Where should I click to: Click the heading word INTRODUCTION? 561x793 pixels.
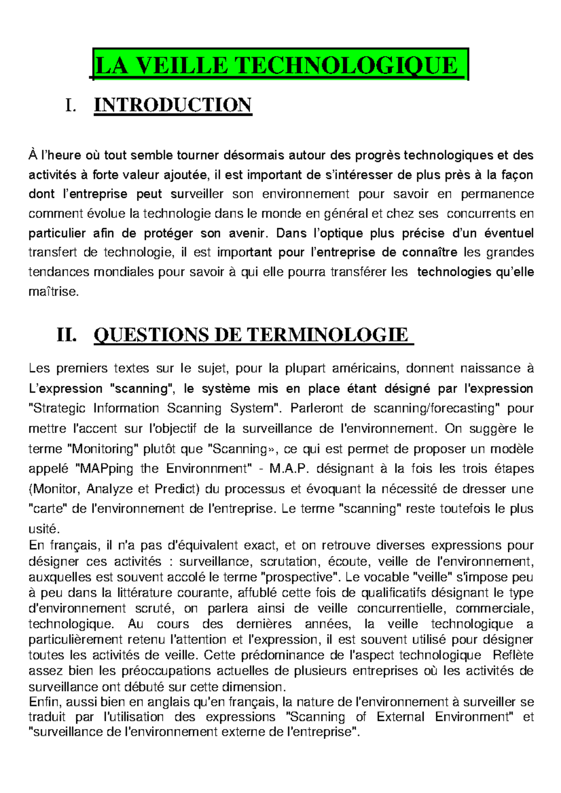coord(173,105)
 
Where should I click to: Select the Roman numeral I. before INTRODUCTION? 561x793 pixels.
coord(70,106)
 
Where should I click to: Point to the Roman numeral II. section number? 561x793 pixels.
coord(66,335)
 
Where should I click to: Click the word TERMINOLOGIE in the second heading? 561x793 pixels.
coord(327,335)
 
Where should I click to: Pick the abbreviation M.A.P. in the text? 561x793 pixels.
coord(291,468)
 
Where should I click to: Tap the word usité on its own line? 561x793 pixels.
coord(44,529)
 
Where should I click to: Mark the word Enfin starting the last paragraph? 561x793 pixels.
coord(44,702)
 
